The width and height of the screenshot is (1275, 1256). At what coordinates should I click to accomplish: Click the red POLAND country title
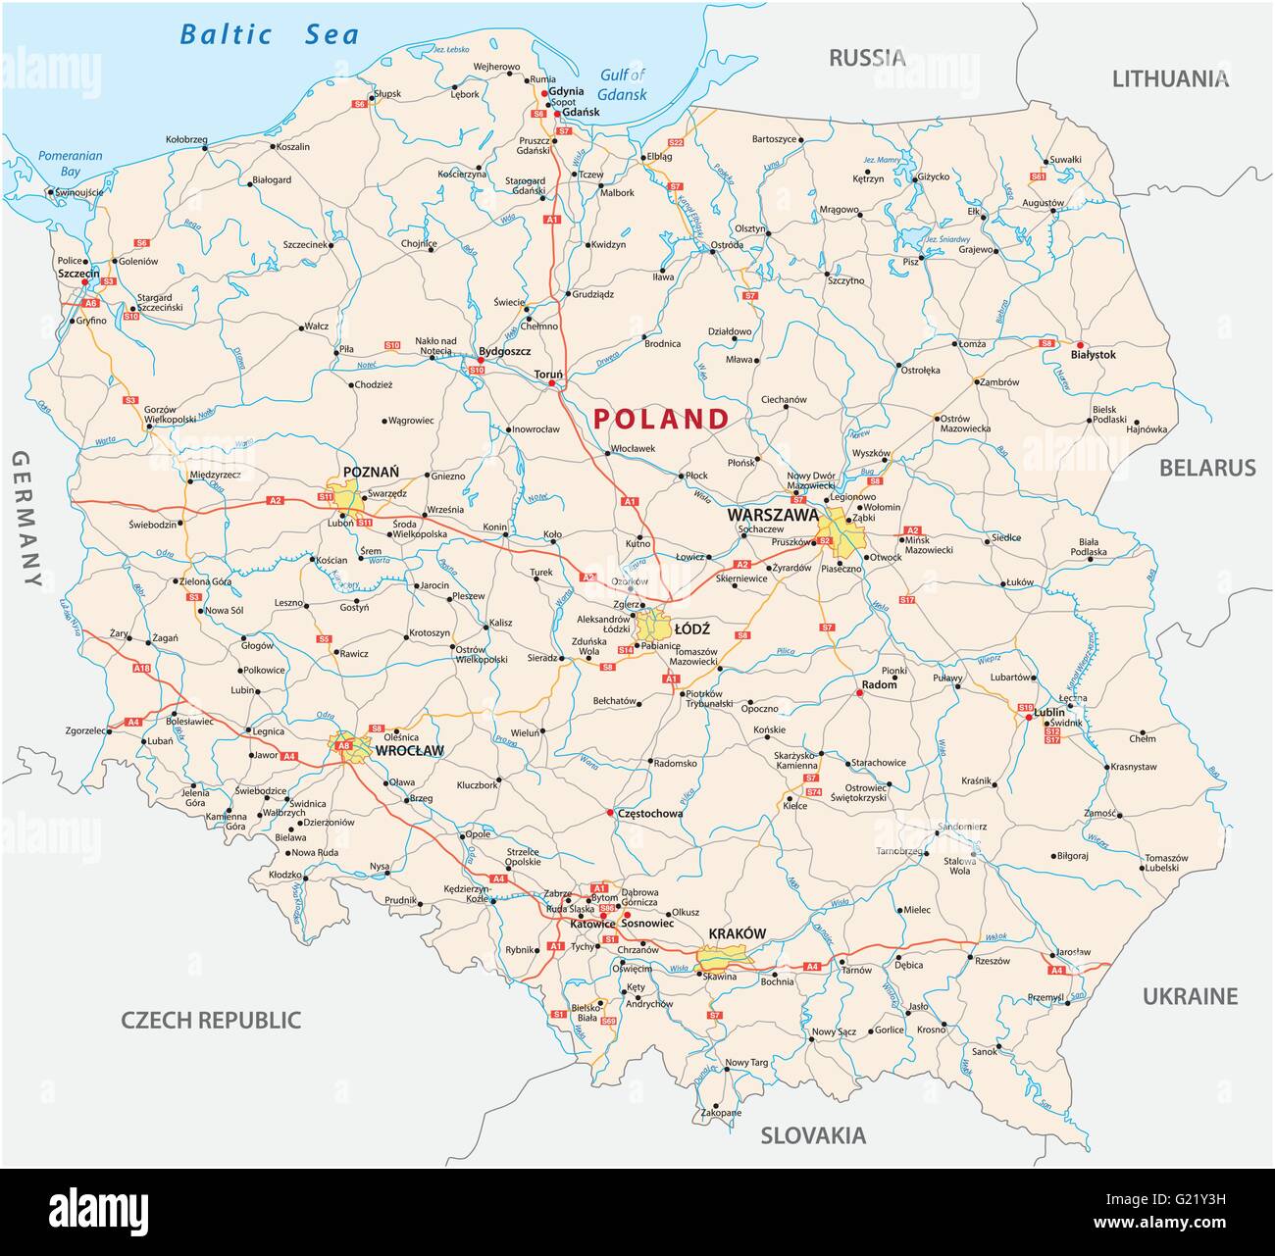pyautogui.click(x=662, y=419)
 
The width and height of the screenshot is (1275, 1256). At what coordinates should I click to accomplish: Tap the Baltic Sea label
pyautogui.click(x=269, y=35)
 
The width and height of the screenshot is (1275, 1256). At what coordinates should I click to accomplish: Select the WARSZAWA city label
pyautogui.click(x=772, y=514)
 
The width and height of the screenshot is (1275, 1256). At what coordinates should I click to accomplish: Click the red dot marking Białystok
pyautogui.click(x=1080, y=345)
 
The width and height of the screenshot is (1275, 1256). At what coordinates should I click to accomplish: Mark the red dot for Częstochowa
pyautogui.click(x=610, y=813)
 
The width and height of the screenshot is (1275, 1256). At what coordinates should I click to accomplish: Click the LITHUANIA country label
pyautogui.click(x=1169, y=79)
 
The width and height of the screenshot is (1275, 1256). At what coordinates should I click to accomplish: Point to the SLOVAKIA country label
pyautogui.click(x=813, y=1135)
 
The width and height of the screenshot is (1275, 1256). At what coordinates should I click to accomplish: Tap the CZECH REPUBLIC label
pyautogui.click(x=210, y=1020)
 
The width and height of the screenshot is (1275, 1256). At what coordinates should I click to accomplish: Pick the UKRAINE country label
pyautogui.click(x=1190, y=996)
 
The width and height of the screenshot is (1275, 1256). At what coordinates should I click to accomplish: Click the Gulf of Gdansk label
pyautogui.click(x=624, y=85)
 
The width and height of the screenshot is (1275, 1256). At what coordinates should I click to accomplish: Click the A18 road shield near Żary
pyautogui.click(x=142, y=669)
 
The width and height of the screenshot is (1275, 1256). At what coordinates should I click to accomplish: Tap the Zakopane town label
pyautogui.click(x=721, y=1113)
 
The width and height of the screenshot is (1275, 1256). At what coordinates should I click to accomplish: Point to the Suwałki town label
pyautogui.click(x=1065, y=159)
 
